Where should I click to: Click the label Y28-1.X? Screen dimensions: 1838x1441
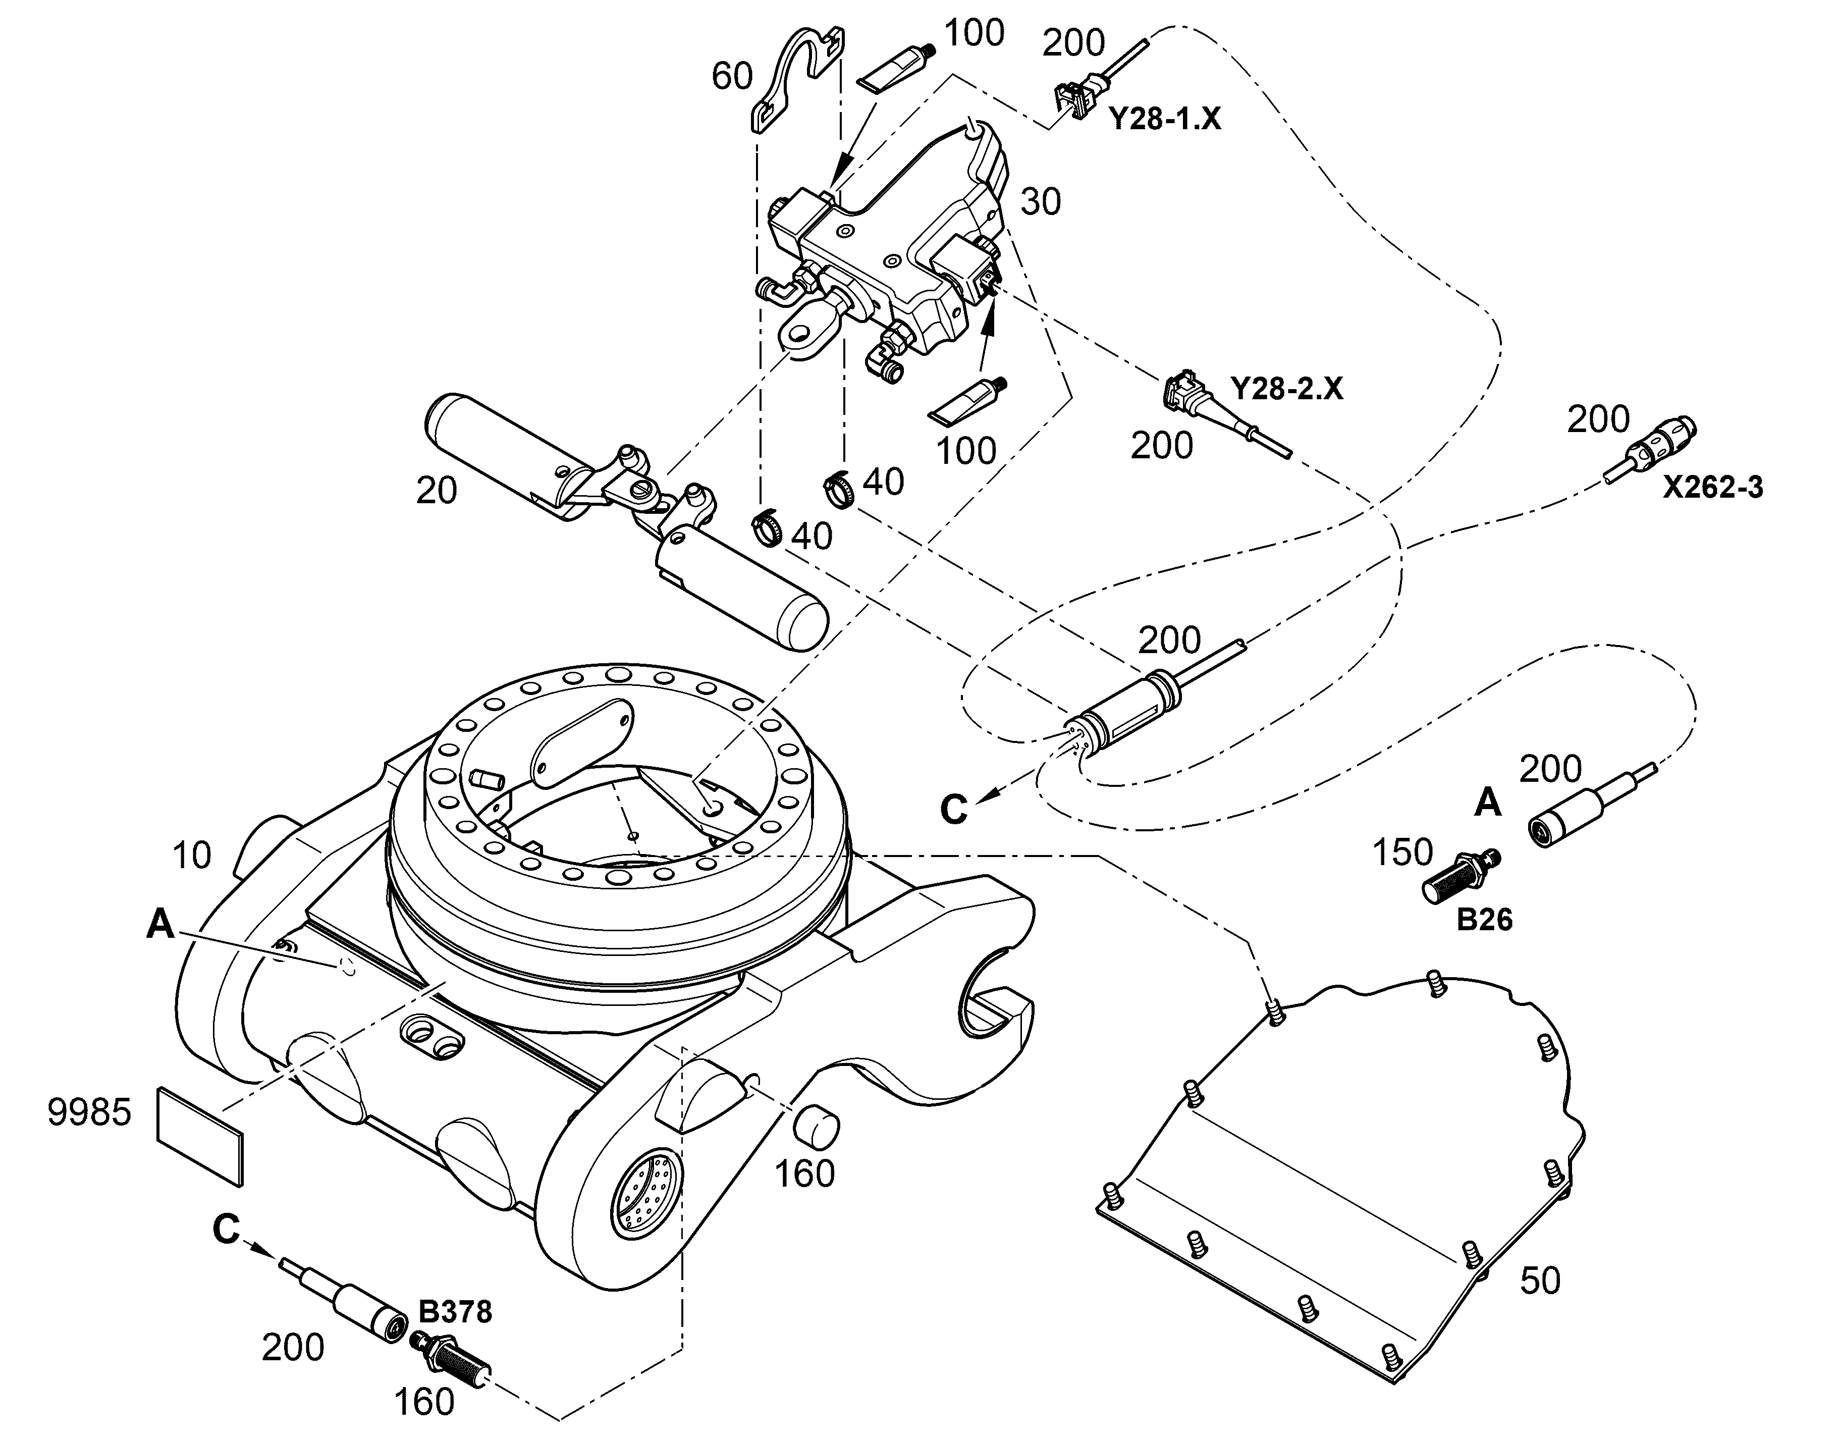pos(1164,119)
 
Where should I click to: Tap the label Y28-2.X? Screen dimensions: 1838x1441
pos(1286,389)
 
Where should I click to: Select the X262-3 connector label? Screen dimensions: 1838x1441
pos(1712,488)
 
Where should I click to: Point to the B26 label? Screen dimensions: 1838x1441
pos(1485,920)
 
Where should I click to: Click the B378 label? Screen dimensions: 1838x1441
pos(455,1311)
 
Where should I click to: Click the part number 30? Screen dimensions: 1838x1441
pos(1040,202)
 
